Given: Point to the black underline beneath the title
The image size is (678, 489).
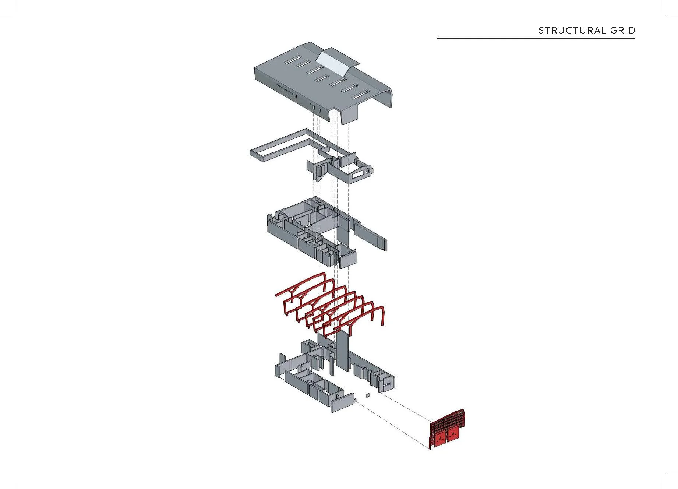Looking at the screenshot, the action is [x=536, y=38].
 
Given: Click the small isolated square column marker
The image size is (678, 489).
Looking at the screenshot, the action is [x=368, y=395].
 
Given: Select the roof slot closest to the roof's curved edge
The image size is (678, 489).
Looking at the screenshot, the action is [x=361, y=95].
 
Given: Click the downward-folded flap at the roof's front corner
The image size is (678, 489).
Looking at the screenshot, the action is [x=349, y=114].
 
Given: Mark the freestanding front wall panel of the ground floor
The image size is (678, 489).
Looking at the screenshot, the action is [x=343, y=403].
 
